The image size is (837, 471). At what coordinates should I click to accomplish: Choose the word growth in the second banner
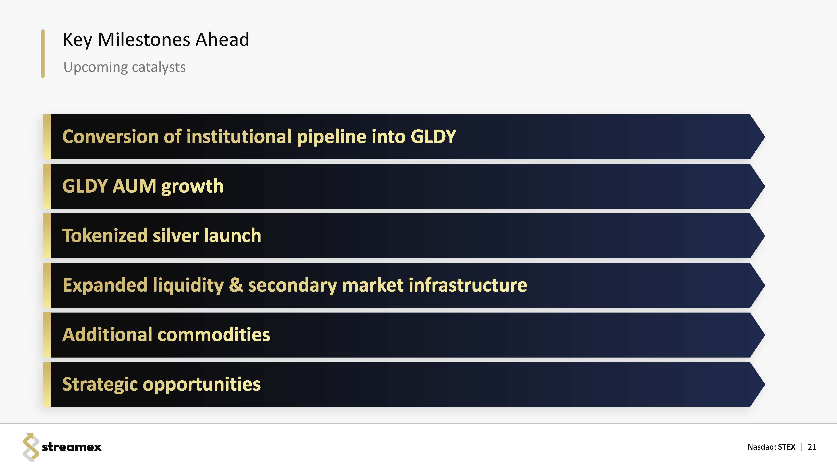click(192, 187)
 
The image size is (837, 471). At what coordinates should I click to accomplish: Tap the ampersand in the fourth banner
click(236, 285)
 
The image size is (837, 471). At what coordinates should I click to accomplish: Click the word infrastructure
click(468, 285)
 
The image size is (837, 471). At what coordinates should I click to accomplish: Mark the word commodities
click(214, 335)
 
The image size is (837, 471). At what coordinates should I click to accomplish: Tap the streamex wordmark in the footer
click(72, 447)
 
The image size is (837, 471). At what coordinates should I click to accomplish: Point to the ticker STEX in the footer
click(787, 447)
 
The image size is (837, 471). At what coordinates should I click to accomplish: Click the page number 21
click(812, 447)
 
